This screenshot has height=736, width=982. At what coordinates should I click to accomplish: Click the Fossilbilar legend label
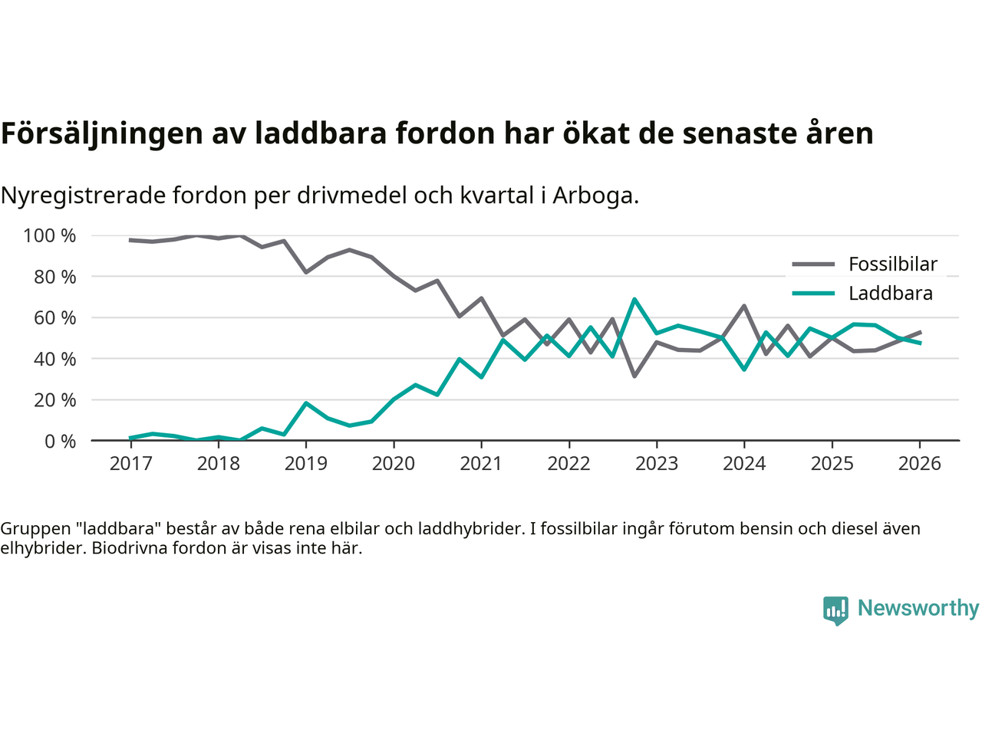pos(893,264)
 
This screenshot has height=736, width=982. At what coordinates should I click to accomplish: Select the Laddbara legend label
pos(890,294)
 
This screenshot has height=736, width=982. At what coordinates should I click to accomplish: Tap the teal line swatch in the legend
pos(812,294)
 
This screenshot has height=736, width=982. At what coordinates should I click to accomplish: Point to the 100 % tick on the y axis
pos(50,235)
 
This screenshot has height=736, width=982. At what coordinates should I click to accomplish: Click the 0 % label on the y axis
pos(60,441)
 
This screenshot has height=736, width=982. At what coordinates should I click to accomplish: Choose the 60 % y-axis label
pos(54,317)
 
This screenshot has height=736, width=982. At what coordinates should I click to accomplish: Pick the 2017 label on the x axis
pos(130,464)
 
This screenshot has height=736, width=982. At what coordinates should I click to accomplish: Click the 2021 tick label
pos(481,464)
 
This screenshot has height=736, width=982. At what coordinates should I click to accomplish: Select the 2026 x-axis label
pos(919,464)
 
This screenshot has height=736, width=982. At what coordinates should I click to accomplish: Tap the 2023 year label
pos(657,464)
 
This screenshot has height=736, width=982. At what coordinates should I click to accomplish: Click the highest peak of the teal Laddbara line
pos(634,300)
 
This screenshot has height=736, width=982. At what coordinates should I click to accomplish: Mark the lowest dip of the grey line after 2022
pos(634,376)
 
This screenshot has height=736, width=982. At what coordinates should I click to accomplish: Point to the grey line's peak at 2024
pos(744,306)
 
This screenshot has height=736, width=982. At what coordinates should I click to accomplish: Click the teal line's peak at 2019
pos(306,403)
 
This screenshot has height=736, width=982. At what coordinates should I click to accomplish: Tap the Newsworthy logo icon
pos(835,610)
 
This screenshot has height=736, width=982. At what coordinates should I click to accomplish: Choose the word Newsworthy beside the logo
pos(918,608)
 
